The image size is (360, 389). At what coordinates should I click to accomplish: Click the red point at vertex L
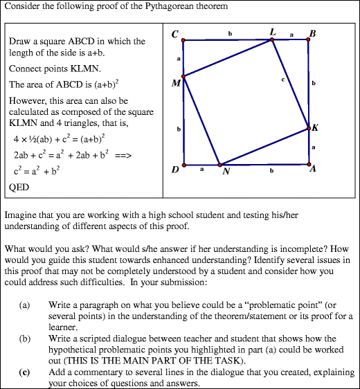pyautogui.click(x=272, y=40)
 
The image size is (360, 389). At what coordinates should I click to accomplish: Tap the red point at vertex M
pyautogui.click(x=183, y=75)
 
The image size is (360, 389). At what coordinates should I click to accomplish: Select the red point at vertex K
pyautogui.click(x=308, y=128)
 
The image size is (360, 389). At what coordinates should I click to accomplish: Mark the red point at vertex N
pyautogui.click(x=219, y=165)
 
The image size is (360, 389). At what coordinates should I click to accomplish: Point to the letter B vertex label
pyautogui.click(x=313, y=33)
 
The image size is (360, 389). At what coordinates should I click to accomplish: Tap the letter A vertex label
pyautogui.click(x=314, y=171)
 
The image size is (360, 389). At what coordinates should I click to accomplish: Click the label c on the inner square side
pyautogui.click(x=283, y=80)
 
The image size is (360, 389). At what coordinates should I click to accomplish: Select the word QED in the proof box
pyautogui.click(x=18, y=187)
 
